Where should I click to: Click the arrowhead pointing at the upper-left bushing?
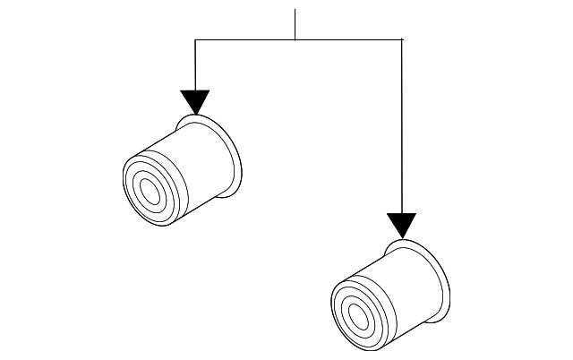(x=194, y=101)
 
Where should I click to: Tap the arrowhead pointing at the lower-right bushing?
(x=402, y=224)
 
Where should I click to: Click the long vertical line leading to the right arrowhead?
(x=402, y=125)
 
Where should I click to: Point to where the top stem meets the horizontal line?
(x=295, y=39)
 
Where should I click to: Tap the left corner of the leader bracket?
(x=195, y=39)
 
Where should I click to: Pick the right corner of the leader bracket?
(x=402, y=39)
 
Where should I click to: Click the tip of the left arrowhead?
(x=194, y=115)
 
